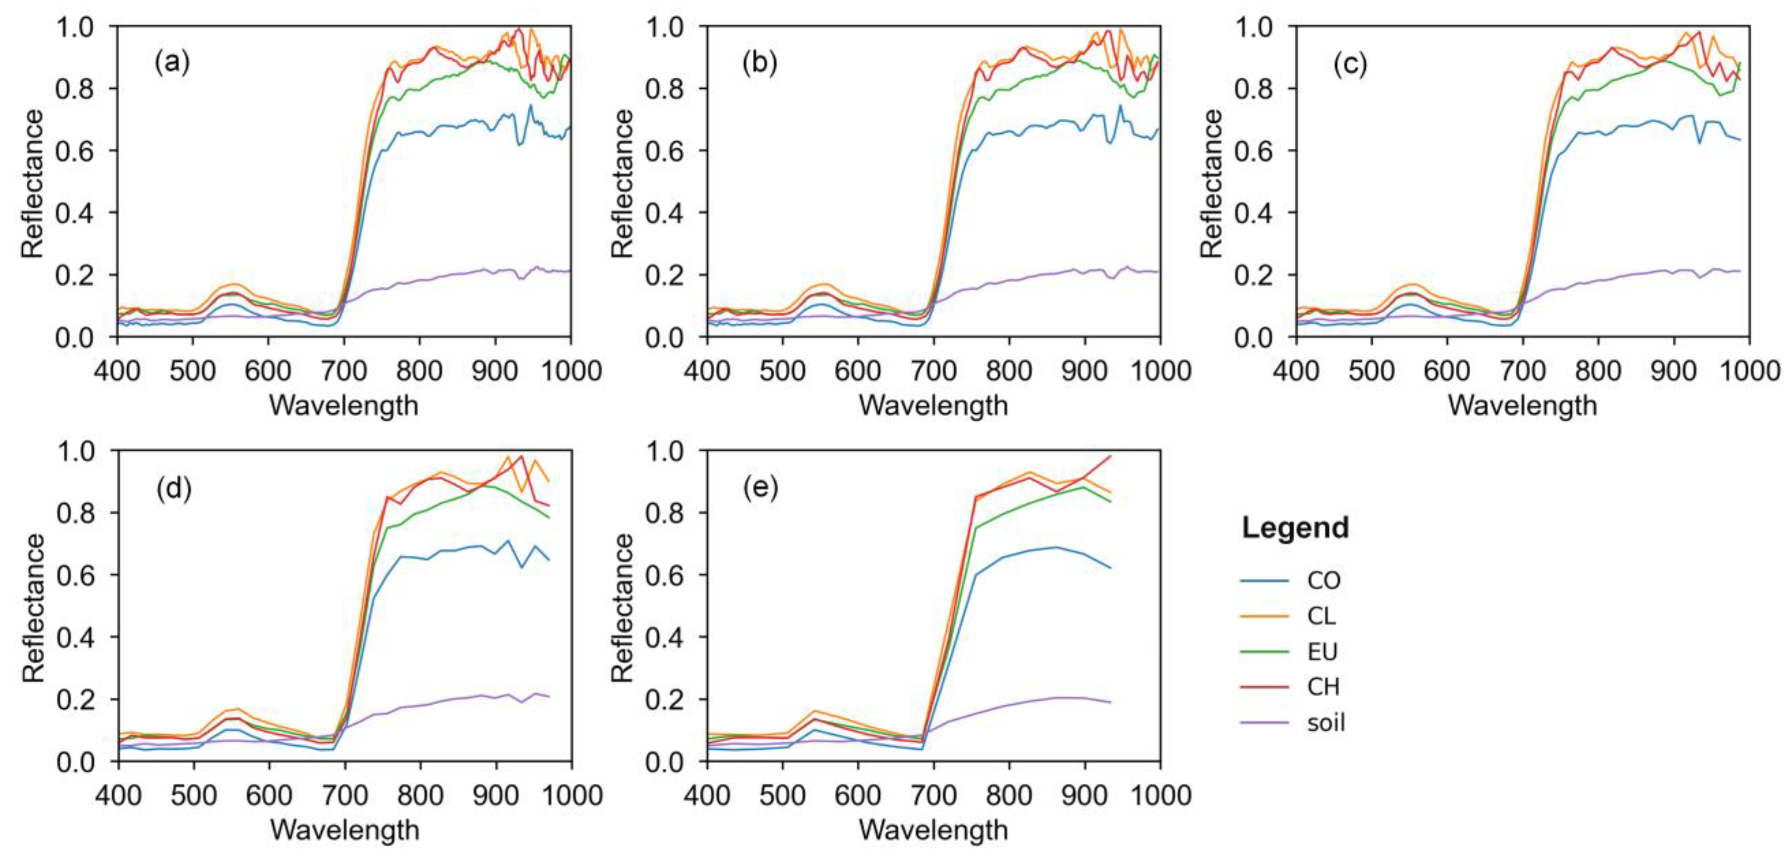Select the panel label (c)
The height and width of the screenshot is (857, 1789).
(1349, 64)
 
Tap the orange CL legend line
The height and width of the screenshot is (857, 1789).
(1264, 616)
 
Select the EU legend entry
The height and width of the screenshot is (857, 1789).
(1322, 652)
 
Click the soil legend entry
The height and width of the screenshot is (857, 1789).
(1326, 723)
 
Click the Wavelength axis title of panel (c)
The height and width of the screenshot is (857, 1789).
(1522, 406)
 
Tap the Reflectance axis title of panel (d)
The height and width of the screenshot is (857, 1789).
(33, 608)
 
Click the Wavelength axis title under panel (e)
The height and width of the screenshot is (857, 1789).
(933, 830)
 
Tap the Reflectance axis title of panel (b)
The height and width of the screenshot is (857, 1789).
(622, 183)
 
